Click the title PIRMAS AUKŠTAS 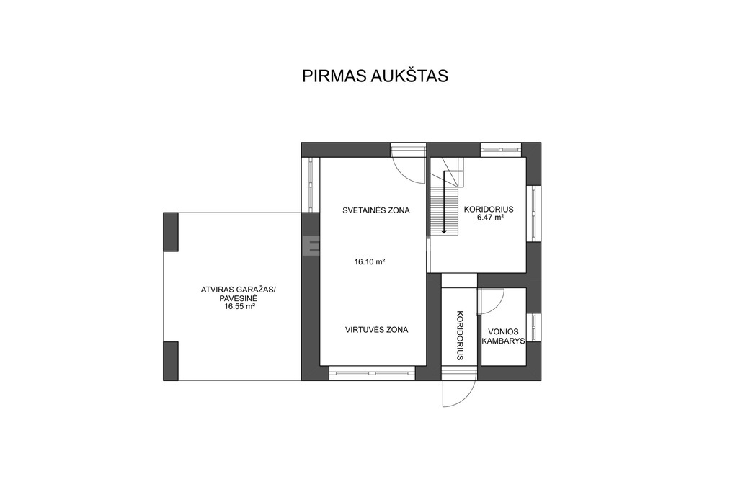click(375, 76)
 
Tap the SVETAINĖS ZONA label click(376, 210)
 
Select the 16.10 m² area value click(370, 262)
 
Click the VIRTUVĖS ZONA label click(376, 330)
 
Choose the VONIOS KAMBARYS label click(503, 336)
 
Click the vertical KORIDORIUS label click(460, 335)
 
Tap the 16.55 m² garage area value click(240, 306)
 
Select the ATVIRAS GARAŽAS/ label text click(239, 290)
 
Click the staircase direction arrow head click(444, 231)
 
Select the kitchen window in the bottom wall click(372, 373)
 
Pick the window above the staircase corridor click(501, 150)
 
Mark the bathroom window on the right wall click(533, 327)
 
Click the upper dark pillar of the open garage click(171, 231)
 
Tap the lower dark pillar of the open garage click(171, 361)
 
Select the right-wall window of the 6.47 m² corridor click(533, 213)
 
